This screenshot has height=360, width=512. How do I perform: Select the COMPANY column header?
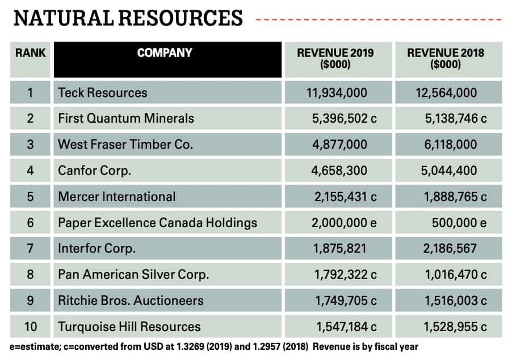click(165, 53)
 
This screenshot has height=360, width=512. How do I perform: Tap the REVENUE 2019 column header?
click(335, 58)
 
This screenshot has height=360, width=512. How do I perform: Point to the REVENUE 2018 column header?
click(446, 58)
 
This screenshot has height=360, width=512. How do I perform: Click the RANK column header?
click(30, 53)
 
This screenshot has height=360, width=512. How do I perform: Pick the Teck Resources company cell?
click(103, 93)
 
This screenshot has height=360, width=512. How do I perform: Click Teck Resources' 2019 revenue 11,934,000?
click(335, 93)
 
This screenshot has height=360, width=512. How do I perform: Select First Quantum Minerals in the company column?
click(126, 119)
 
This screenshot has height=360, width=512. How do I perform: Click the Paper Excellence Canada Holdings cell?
click(157, 223)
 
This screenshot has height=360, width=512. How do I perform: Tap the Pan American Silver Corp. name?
click(133, 275)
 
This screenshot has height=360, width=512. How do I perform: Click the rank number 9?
click(30, 300)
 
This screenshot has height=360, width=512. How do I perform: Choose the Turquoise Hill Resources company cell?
click(129, 326)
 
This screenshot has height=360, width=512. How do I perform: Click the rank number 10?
click(30, 326)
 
